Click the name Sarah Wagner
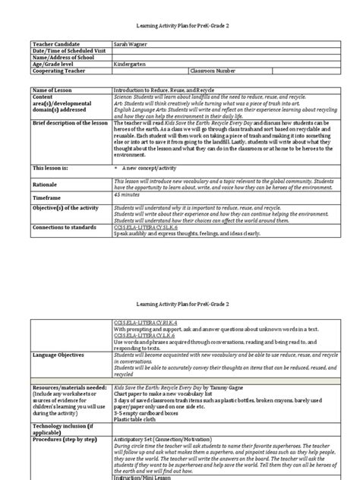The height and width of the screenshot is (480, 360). pos(130,45)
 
